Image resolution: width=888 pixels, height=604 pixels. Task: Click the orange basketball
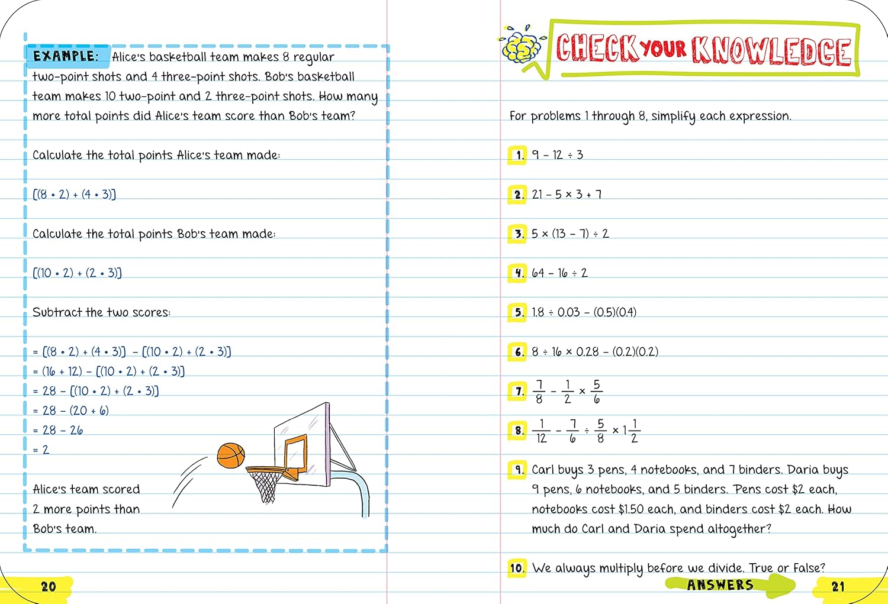click(x=230, y=456)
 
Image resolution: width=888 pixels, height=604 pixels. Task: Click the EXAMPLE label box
click(x=67, y=56)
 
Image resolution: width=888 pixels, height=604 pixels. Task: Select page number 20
click(x=48, y=586)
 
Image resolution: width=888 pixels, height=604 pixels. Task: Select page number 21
click(x=838, y=586)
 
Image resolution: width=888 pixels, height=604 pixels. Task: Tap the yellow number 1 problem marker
click(x=517, y=155)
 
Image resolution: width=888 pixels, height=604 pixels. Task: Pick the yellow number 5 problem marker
click(x=517, y=312)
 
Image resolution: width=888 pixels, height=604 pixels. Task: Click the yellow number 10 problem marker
click(x=517, y=569)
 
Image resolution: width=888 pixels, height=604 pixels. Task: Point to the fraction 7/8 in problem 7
click(x=539, y=392)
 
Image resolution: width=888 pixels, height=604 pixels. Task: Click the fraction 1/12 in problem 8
click(x=541, y=431)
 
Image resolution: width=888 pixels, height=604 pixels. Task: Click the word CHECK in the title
click(x=597, y=49)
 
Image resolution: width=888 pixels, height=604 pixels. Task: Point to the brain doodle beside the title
click(x=521, y=46)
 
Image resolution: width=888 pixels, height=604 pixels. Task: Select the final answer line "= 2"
click(x=41, y=450)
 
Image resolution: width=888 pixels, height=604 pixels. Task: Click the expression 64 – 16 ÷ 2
click(x=559, y=273)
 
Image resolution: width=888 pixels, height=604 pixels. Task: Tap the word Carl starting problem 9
click(x=543, y=470)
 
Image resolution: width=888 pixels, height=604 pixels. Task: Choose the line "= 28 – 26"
click(x=58, y=431)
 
